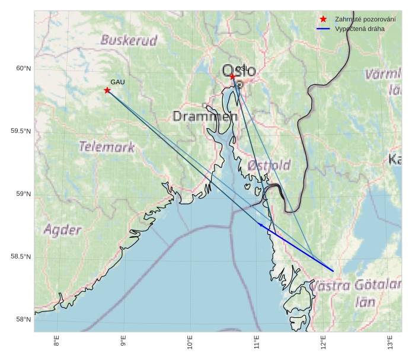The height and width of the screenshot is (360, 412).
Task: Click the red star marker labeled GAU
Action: (107, 90)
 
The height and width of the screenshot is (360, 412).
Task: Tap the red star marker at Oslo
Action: (233, 77)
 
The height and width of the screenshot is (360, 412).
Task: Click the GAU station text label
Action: (117, 82)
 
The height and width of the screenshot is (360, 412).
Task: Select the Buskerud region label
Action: (129, 40)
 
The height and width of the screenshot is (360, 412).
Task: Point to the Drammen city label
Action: (205, 116)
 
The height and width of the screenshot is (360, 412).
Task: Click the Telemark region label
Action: (107, 147)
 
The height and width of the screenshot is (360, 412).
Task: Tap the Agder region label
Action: (62, 230)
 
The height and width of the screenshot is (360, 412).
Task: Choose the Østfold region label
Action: (269, 165)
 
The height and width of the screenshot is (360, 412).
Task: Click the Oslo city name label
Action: (239, 71)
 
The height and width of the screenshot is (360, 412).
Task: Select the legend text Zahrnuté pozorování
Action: (362, 19)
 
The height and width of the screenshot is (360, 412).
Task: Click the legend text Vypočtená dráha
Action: (359, 28)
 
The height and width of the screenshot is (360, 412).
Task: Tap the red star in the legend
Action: (323, 19)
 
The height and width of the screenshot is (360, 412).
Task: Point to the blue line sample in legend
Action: (323, 28)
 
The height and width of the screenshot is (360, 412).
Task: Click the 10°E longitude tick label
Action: (190, 342)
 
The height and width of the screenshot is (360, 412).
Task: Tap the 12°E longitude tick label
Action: (324, 342)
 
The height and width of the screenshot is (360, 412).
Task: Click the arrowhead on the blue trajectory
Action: (261, 224)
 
